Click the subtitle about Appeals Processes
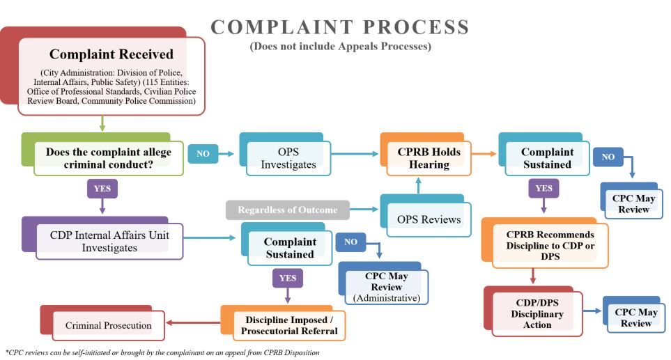click(340, 47)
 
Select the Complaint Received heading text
click(111, 54)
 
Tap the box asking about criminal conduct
click(108, 158)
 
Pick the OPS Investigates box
click(288, 158)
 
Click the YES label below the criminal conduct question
click(102, 189)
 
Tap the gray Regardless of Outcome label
click(288, 210)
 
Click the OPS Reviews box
click(429, 219)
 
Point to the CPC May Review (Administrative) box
click(387, 286)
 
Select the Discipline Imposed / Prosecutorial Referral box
click(288, 324)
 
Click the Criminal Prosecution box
click(108, 325)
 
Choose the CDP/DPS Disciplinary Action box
click(537, 314)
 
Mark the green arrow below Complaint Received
click(102, 123)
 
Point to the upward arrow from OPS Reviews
click(419, 185)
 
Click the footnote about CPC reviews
click(162, 352)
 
